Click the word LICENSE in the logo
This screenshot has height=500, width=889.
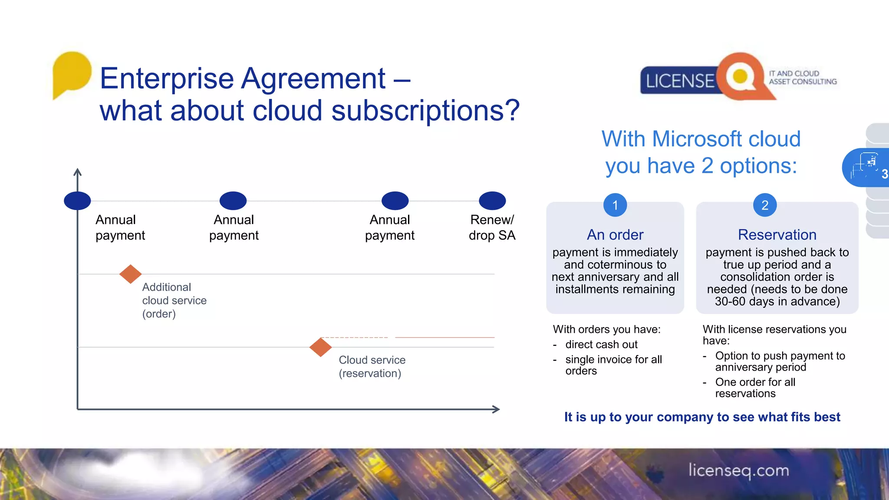point(679,81)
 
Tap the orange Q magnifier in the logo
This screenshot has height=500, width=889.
point(741,77)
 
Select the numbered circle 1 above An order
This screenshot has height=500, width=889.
point(615,205)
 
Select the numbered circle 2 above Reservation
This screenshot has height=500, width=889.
point(765,205)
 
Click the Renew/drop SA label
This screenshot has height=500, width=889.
point(492,227)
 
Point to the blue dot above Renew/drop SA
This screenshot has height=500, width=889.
point(492,201)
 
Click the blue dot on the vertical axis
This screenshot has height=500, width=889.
point(77,201)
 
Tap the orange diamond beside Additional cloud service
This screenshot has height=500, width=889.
point(130,274)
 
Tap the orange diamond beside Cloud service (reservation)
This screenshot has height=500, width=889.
point(321,347)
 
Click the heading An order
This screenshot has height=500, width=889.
point(615,235)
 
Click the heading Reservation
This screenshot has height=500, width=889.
point(777,235)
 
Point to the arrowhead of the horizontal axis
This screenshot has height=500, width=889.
point(497,409)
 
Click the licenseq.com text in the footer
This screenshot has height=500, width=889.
point(739,470)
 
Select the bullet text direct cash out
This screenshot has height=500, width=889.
point(601,345)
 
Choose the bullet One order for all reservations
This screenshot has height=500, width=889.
point(755,388)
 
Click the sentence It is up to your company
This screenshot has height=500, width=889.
point(702,417)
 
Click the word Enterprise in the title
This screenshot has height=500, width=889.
point(167,79)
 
